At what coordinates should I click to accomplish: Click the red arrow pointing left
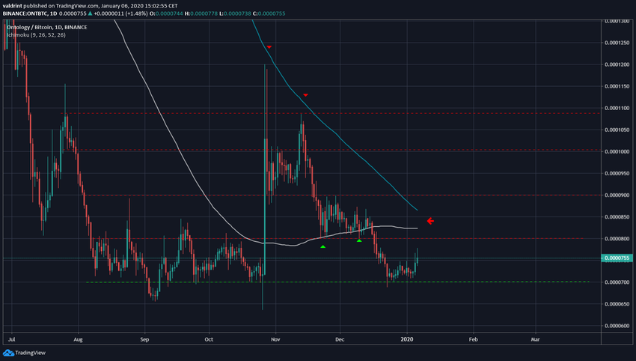point(430,221)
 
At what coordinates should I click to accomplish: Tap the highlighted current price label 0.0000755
point(618,258)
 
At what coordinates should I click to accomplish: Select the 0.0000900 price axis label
point(617,195)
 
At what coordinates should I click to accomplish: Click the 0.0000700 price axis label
point(617,282)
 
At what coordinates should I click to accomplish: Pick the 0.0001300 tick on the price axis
point(617,21)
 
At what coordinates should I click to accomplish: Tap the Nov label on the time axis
point(275,339)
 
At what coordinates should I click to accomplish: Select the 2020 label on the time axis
point(408,339)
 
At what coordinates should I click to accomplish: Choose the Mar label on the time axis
point(535,339)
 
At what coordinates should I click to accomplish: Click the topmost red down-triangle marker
point(269,47)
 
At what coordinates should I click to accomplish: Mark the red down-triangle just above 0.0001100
point(306,95)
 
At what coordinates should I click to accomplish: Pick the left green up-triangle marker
point(322,246)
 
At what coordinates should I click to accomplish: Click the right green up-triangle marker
point(360,240)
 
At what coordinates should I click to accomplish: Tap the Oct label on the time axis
point(210,339)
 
